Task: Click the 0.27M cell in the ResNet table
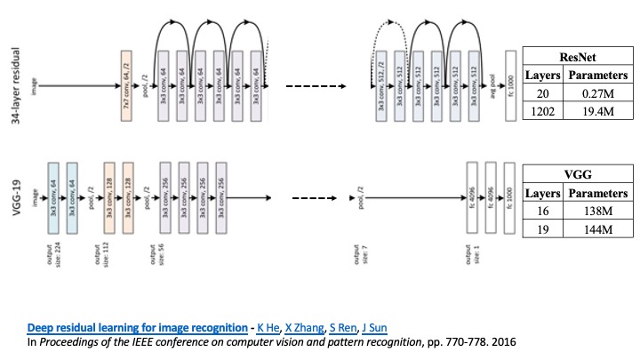[x=593, y=93]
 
